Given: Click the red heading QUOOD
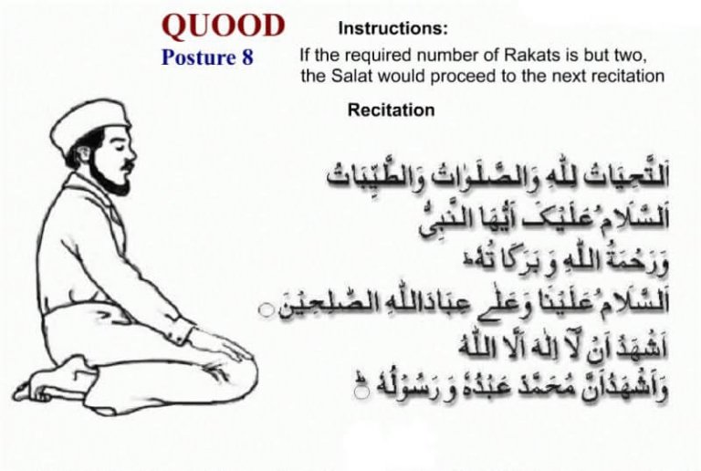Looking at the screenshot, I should [223, 25].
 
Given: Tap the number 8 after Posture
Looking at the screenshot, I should [246, 58].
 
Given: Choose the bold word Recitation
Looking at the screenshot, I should [391, 110].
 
